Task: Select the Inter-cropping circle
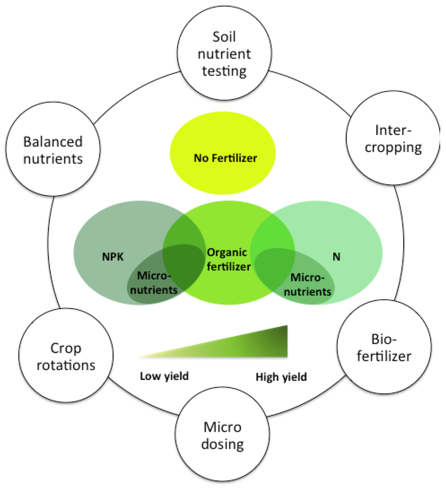(384, 139)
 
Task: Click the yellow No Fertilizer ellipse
(223, 157)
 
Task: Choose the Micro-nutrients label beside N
(310, 284)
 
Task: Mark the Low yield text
(164, 376)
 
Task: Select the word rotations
(66, 365)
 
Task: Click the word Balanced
(53, 142)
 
